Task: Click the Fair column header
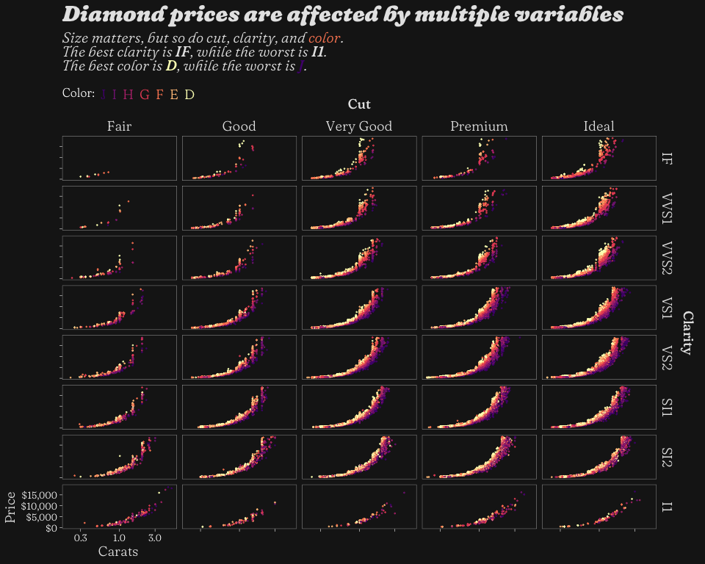119,126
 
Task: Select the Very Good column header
358,126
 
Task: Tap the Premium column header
479,126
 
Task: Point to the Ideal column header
599,126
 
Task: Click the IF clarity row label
667,158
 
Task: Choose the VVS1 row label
667,208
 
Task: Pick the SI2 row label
667,457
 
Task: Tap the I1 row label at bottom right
667,507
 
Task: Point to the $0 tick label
49,527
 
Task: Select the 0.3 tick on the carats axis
81,538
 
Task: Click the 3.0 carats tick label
155,538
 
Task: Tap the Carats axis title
118,552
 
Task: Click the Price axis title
10,507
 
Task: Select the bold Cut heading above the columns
358,104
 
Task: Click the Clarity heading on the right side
688,332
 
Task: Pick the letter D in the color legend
189,94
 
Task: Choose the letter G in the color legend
144,94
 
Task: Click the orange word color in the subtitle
325,38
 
